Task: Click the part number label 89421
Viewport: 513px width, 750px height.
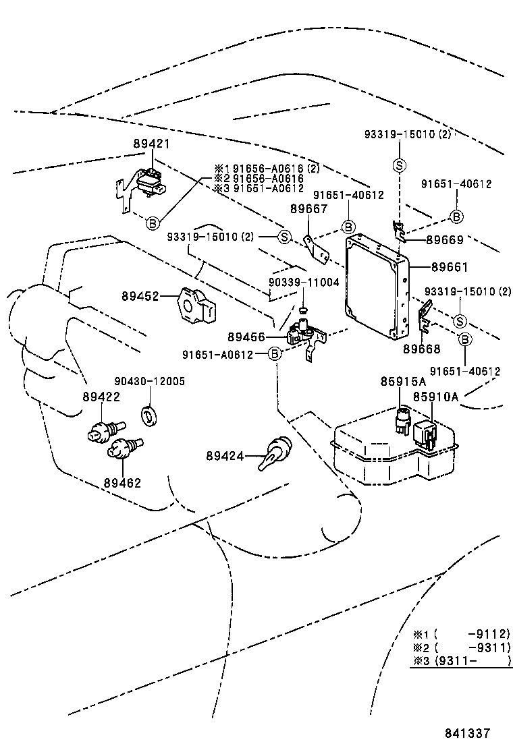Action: click(x=151, y=144)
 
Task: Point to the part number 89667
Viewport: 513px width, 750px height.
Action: click(x=308, y=210)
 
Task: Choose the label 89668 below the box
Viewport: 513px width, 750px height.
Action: click(x=422, y=349)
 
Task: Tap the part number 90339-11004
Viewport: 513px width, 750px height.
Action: click(x=304, y=283)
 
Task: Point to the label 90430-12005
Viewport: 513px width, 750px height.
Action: click(x=149, y=382)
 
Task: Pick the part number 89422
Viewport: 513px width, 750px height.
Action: click(x=101, y=397)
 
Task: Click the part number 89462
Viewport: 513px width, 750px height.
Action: click(x=122, y=483)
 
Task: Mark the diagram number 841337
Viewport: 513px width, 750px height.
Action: click(x=466, y=733)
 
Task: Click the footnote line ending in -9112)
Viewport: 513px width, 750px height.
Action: click(x=462, y=634)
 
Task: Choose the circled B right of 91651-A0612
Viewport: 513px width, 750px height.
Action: click(x=275, y=354)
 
